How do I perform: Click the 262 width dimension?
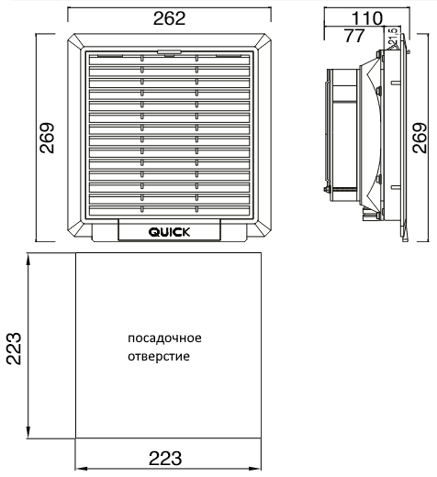click(x=169, y=18)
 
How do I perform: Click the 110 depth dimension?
click(x=366, y=18)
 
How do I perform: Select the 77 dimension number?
click(x=354, y=36)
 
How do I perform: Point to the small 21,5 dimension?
click(x=394, y=37)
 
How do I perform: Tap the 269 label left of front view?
click(x=47, y=138)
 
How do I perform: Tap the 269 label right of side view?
click(x=420, y=138)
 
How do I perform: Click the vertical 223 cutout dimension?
click(x=14, y=348)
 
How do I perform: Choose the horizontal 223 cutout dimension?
click(x=165, y=458)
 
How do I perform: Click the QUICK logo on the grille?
click(x=169, y=232)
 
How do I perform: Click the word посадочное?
click(x=164, y=338)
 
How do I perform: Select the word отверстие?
click(x=159, y=357)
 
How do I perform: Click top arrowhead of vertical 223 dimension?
click(x=28, y=260)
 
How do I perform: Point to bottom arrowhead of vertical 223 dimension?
click(x=28, y=433)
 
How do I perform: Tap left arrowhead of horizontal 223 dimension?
click(x=82, y=469)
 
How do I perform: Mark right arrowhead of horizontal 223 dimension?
click(x=254, y=469)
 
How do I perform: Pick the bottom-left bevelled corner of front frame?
click(x=75, y=228)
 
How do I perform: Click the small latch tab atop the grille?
click(x=169, y=52)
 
